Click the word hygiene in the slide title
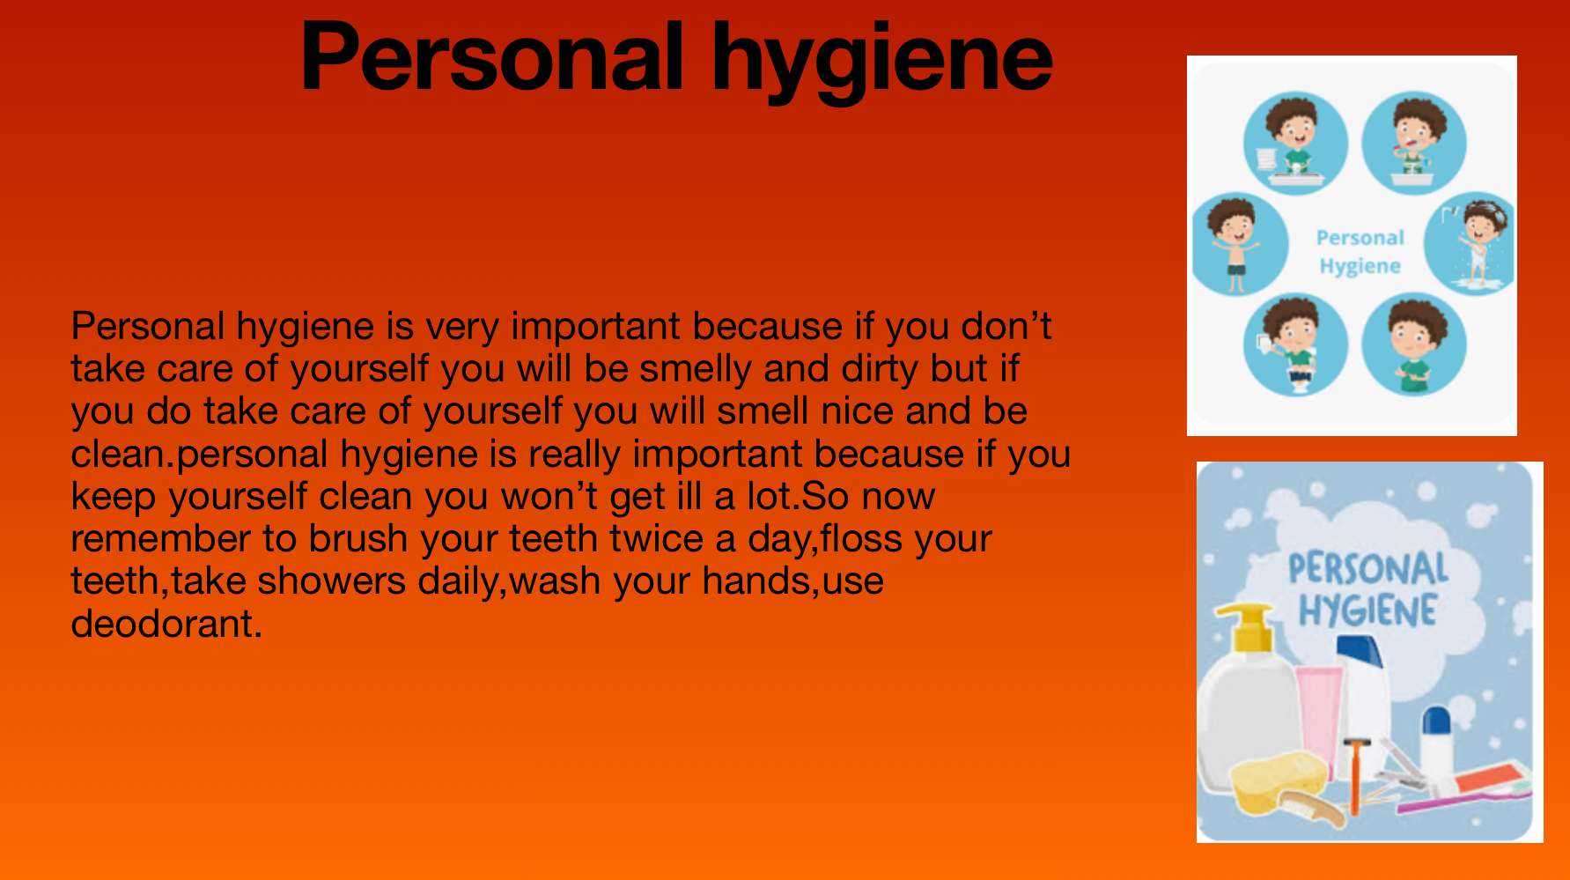coord(882,60)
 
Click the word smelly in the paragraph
coord(695,369)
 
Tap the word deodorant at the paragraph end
coord(166,624)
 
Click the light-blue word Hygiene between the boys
coord(1360,266)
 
